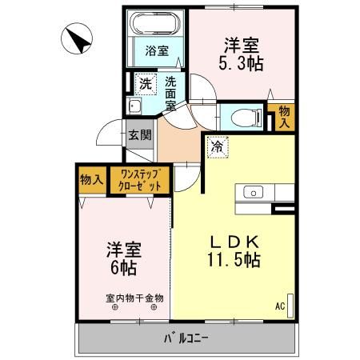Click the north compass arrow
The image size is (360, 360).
[x=77, y=38]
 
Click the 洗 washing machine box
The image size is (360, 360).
[x=146, y=83]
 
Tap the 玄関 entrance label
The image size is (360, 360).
[x=140, y=134]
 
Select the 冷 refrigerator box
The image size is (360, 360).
[x=216, y=146]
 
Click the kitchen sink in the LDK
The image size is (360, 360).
[x=253, y=192]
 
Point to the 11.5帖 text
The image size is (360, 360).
[x=230, y=261]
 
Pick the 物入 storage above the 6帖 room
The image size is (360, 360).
[x=92, y=179]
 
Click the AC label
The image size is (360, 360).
[x=280, y=306]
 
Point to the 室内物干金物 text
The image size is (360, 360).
[x=134, y=298]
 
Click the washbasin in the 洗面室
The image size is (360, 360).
[x=136, y=107]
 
